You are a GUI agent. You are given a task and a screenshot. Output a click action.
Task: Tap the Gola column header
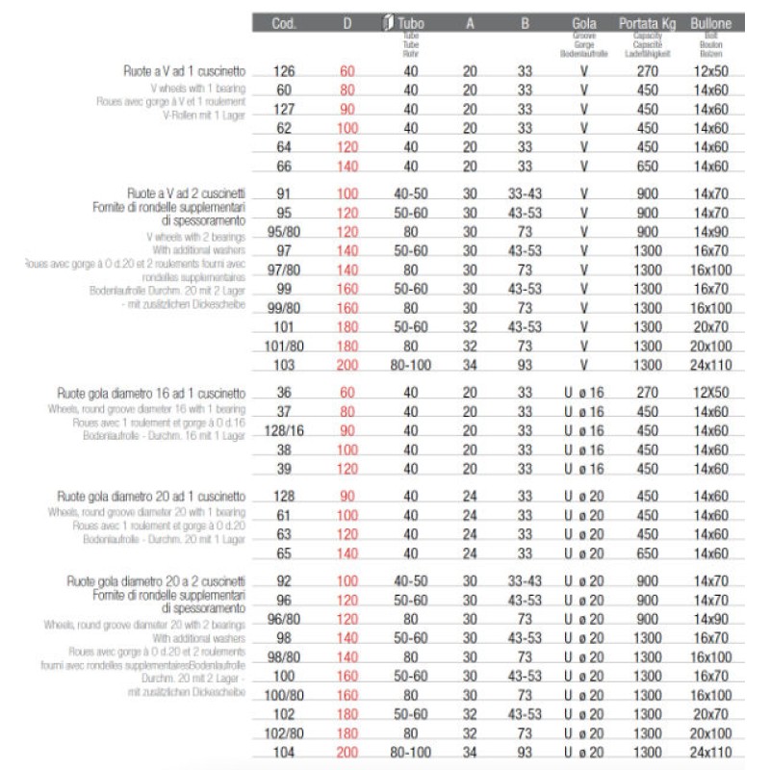579,21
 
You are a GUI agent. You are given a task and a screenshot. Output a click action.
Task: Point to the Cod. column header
284,21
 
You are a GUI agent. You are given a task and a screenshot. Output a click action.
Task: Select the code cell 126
284,71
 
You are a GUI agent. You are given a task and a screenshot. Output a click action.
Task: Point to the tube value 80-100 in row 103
410,366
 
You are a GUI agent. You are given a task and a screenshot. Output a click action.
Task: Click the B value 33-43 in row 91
526,193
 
